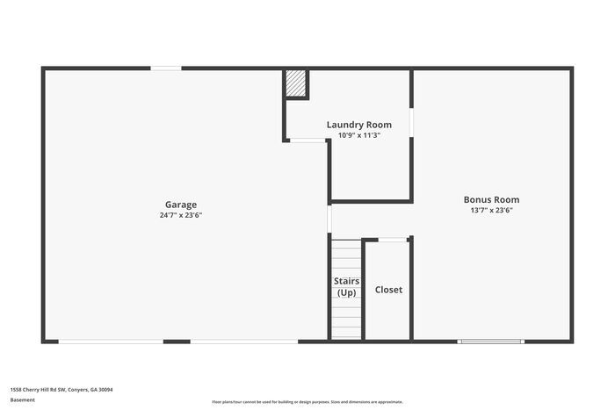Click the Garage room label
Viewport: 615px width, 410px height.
pos(181,205)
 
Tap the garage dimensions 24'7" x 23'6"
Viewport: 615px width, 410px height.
pos(181,215)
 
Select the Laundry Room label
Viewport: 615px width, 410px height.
pos(359,125)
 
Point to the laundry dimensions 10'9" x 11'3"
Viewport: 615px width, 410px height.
pos(359,135)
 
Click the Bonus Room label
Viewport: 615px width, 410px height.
pos(492,199)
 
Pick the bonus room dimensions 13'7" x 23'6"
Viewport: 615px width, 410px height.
pos(492,211)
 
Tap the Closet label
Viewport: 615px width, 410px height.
pos(388,290)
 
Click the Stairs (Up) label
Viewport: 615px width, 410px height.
pos(347,287)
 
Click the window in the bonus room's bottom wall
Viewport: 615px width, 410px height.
pos(491,341)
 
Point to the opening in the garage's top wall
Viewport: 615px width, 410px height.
pos(166,68)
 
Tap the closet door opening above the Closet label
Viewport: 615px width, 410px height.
pos(393,239)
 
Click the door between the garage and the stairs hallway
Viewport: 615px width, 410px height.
pos(329,219)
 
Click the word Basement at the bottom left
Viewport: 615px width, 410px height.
pos(23,400)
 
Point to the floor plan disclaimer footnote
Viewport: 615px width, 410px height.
pos(307,401)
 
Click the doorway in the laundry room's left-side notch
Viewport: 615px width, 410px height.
pos(307,140)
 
